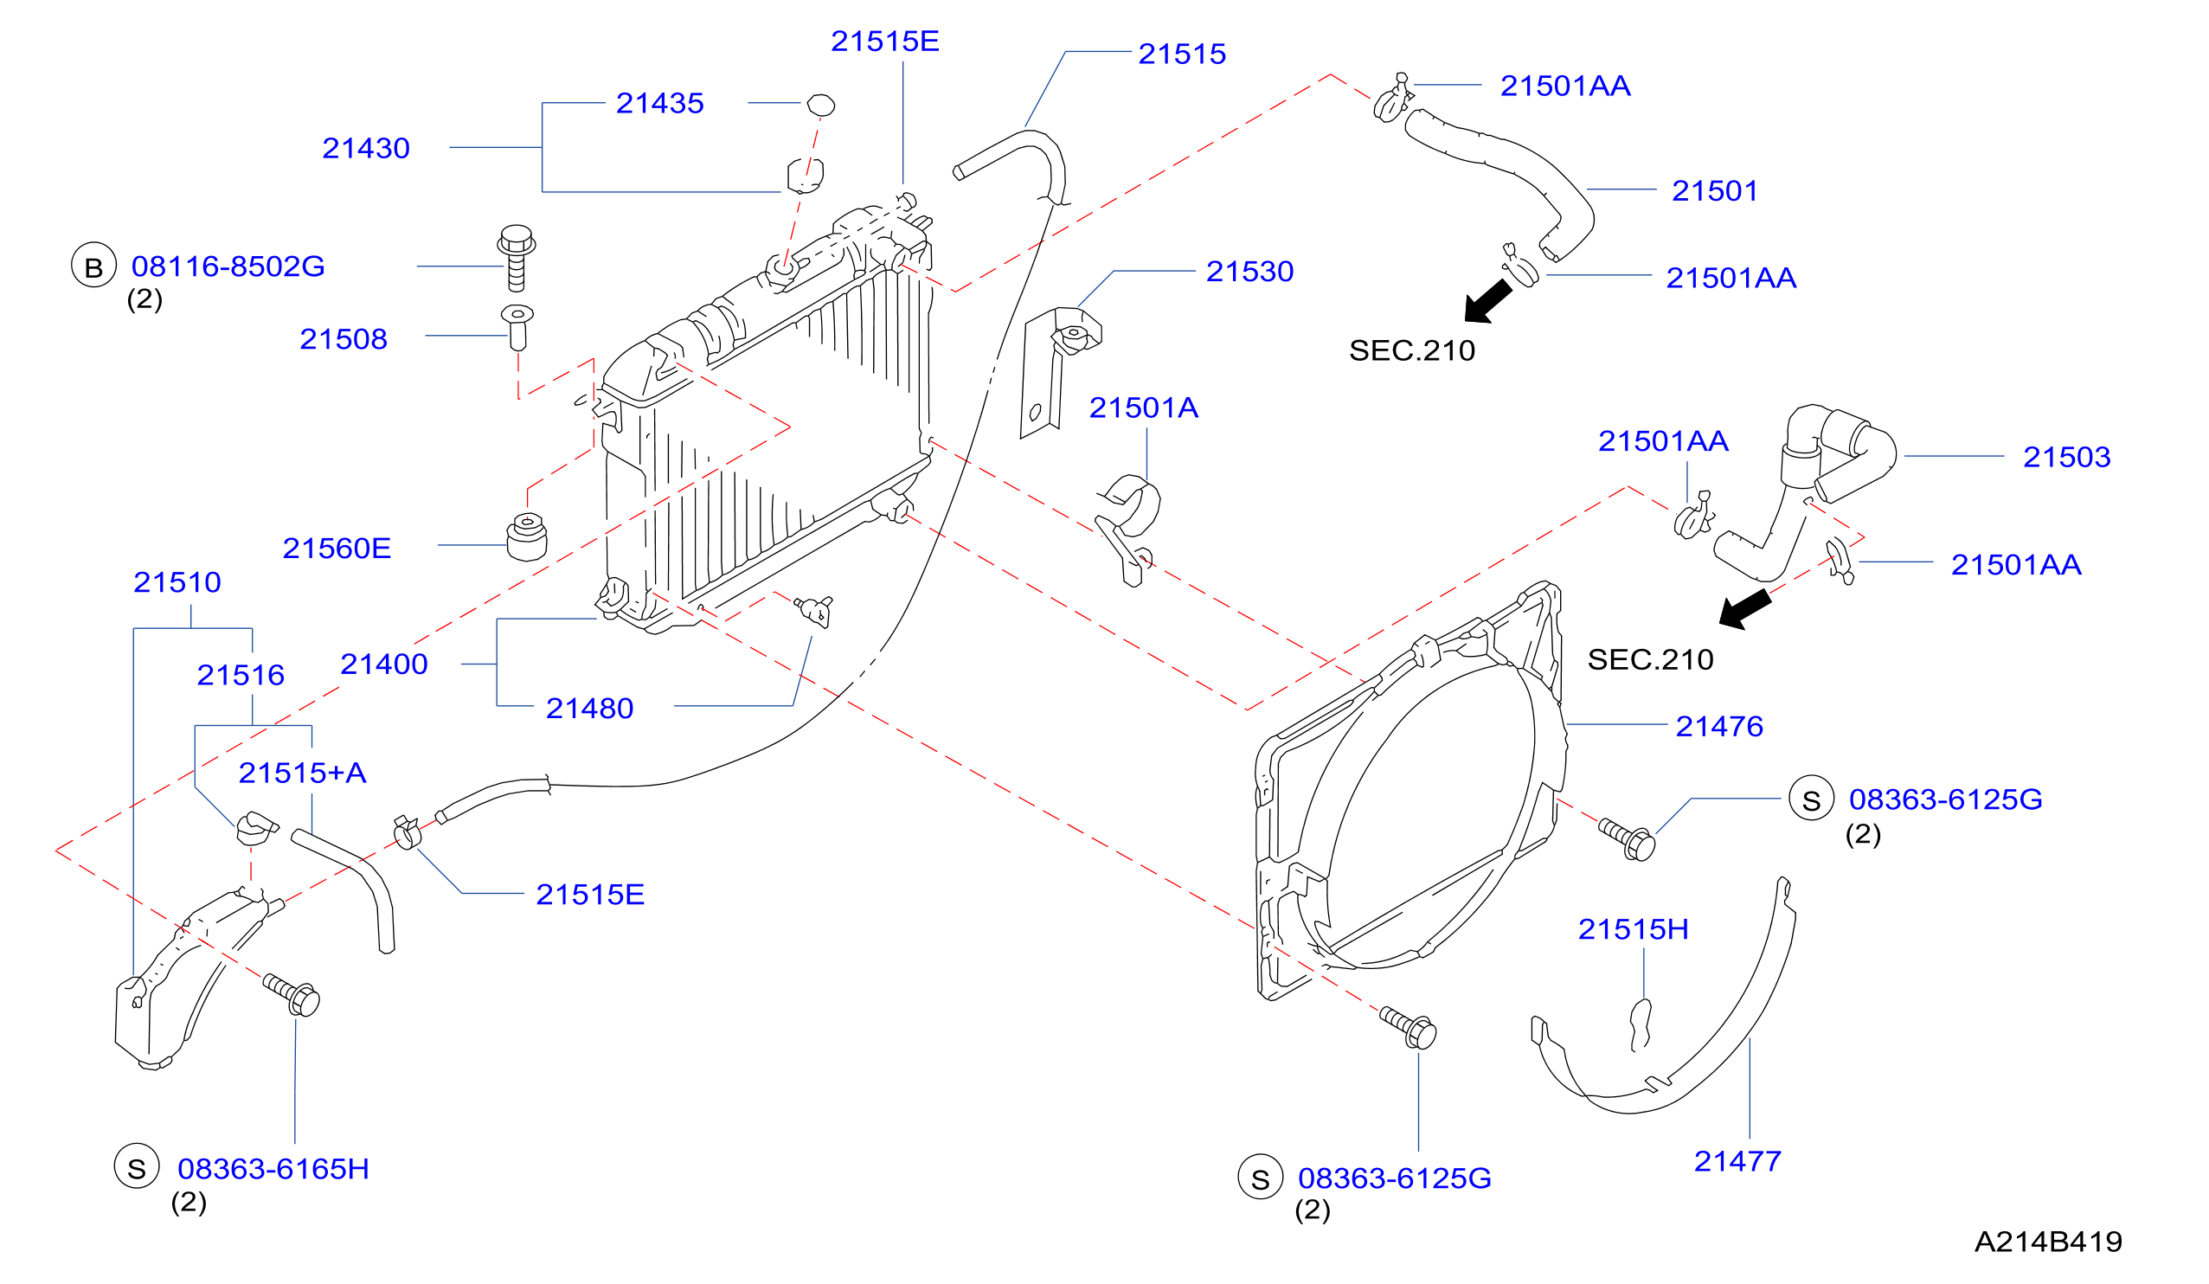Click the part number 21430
pos(365,148)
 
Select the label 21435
pos(659,104)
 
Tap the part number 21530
pos(1249,272)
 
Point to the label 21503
pos(2066,458)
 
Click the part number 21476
pos(1719,727)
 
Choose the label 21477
pos(1737,1161)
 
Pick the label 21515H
pos(1633,929)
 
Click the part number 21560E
pos(337,549)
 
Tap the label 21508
pos(344,339)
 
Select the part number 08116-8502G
pos(228,266)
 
